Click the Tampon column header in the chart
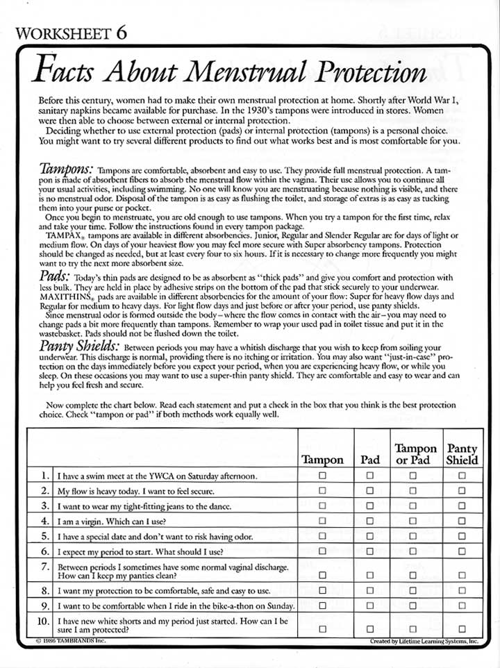[322, 460]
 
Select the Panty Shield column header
[462, 454]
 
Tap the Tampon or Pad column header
[415, 454]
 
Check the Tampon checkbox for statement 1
[322, 476]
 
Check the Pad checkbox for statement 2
[369, 491]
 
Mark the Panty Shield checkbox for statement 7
[462, 575]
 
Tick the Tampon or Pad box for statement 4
[413, 521]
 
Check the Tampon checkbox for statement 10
[322, 628]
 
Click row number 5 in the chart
[44, 535]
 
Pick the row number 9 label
[44, 605]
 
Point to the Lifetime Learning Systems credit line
[424, 641]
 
